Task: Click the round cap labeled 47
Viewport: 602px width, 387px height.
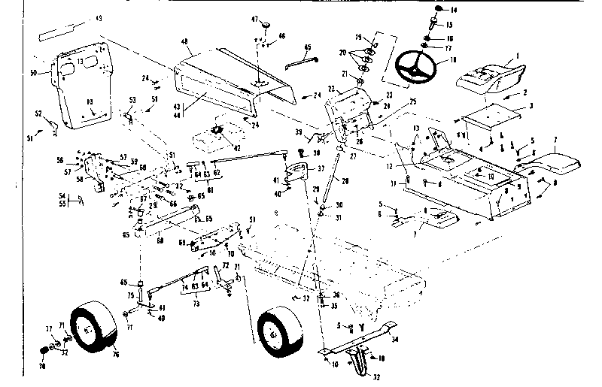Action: pos(264,28)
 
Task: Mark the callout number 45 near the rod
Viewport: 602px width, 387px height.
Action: pos(307,48)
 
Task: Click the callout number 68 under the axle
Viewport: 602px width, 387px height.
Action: pos(160,240)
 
